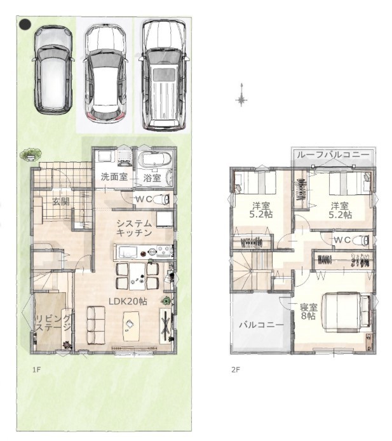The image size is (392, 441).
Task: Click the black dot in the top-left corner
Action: point(25,24)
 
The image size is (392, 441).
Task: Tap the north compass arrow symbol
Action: point(241,95)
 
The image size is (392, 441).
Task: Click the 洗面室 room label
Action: point(114,177)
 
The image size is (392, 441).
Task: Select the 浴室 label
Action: point(152,178)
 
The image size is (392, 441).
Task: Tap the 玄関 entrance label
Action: point(61,201)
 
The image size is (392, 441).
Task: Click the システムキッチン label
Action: point(134,228)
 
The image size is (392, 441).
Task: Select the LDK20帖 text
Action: point(128,301)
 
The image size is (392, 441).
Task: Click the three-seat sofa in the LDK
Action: point(96,325)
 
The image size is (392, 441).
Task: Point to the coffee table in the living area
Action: point(131,326)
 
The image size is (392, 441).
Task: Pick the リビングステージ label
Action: point(53,323)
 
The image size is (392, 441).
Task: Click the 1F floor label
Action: point(37,369)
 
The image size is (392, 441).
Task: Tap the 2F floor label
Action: point(236,369)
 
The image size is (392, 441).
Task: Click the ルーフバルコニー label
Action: point(333,154)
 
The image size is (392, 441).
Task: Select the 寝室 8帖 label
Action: point(309,311)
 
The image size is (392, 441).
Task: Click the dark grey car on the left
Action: point(53,70)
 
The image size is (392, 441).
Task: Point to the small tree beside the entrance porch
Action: point(30,154)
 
